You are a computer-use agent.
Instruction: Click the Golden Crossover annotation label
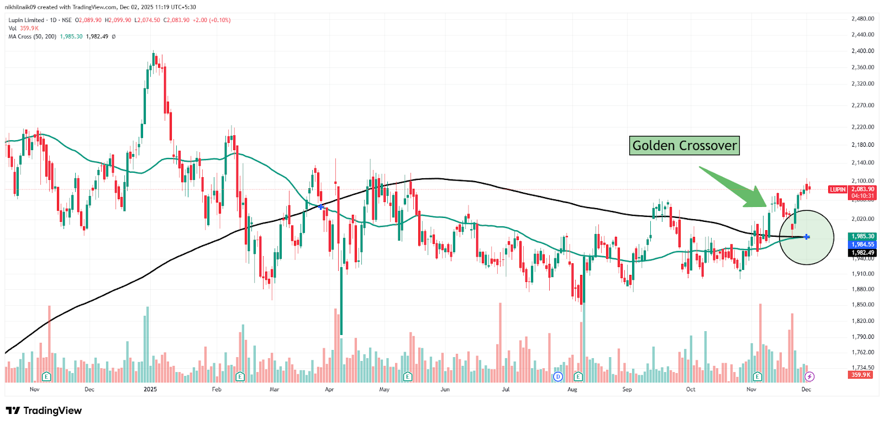684,146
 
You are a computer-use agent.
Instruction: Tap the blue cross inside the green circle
807,237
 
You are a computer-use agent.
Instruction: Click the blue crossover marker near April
321,207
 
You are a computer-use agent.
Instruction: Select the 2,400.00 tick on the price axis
862,51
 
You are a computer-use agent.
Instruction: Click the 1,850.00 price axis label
862,305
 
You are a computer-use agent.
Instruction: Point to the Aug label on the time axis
572,390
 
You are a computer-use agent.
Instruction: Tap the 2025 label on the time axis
150,390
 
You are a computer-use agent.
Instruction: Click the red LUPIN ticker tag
838,189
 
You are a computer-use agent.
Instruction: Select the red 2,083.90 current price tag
862,189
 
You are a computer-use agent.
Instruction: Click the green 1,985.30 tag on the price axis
862,236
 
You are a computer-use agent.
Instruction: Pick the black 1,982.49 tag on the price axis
862,253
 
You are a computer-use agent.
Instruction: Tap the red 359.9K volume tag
860,375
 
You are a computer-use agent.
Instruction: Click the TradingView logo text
52,411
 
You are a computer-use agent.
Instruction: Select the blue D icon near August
558,376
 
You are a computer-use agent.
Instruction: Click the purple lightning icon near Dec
809,376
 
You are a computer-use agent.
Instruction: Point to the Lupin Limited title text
26,20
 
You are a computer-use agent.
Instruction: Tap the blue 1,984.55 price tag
862,245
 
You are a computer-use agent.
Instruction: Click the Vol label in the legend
12,28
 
